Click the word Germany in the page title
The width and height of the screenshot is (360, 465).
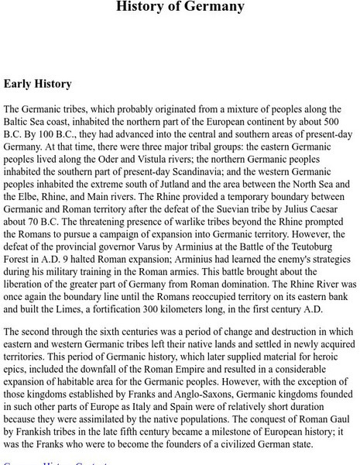coord(218,8)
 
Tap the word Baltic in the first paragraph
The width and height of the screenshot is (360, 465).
coord(20,123)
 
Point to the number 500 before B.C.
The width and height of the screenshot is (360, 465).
coord(334,123)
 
